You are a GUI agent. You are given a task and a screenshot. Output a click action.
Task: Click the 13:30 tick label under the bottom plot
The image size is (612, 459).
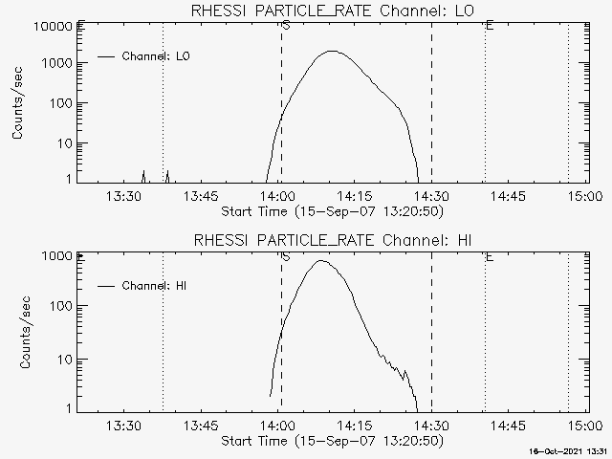point(123,426)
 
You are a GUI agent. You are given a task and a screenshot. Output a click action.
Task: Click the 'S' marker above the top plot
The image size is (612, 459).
point(286,25)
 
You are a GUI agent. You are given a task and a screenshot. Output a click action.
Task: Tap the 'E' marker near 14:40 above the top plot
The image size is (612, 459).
point(490,25)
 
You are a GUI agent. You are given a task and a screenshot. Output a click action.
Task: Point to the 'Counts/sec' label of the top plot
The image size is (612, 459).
point(18,104)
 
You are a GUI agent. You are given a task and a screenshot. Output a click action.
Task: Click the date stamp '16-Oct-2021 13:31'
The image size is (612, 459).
point(571,450)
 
